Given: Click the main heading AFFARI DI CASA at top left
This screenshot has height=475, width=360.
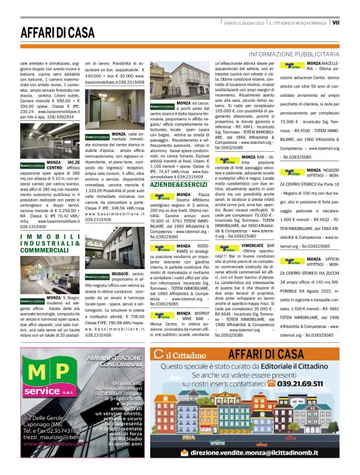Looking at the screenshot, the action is tap(60, 33).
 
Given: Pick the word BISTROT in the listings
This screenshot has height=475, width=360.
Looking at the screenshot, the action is tap(197, 314).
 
